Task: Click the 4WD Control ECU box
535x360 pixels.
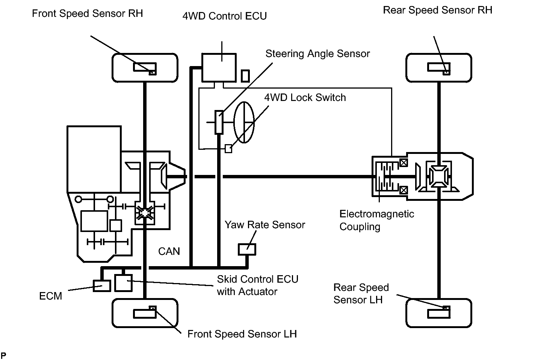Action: pos(219,68)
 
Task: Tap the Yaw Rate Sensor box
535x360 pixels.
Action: pos(247,249)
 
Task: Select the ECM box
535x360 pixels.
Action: pos(102,286)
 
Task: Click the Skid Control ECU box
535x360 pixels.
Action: pos(123,283)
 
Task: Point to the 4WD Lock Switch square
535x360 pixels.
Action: pos(228,149)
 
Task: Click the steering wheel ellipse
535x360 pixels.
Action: pos(244,122)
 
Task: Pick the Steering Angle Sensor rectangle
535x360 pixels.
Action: pos(219,122)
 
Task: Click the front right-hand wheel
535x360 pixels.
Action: pos(145,68)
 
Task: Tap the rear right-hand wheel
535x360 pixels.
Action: pos(439,68)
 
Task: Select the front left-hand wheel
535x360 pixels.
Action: pos(145,313)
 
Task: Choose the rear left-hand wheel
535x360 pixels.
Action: pos(439,313)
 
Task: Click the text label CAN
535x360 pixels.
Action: pos(169,251)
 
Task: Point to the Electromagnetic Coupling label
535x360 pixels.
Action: pos(376,220)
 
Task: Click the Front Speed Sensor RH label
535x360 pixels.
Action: pos(88,14)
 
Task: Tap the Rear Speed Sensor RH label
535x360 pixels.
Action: pos(437,10)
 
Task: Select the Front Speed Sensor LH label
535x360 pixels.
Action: pos(242,334)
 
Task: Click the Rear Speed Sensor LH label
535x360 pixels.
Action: pos(361,294)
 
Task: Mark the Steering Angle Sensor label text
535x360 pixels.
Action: pos(317,54)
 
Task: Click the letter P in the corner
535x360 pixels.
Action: pos(3,355)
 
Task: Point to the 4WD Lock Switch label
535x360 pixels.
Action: pos(305,98)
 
